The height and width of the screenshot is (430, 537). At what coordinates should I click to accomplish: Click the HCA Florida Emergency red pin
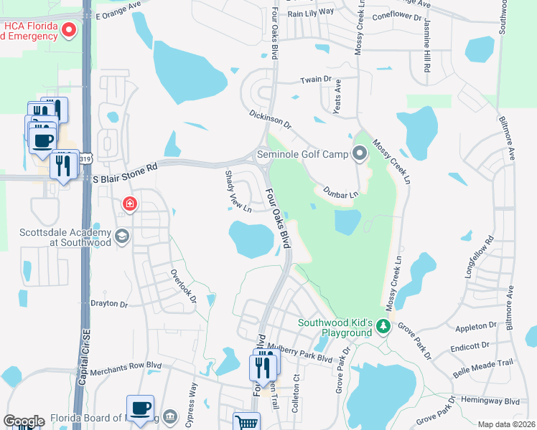[x=69, y=29]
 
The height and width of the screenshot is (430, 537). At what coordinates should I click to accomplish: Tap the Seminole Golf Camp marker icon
[x=359, y=153]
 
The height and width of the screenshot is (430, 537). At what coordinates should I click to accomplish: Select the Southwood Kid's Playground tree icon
[x=383, y=328]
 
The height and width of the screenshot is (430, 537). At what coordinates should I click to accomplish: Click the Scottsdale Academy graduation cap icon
[x=121, y=236]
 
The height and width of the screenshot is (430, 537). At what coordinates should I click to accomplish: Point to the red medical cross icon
[x=129, y=204]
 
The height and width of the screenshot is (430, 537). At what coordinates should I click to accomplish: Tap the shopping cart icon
[x=246, y=421]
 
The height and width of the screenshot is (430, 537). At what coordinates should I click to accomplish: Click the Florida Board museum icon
[x=171, y=416]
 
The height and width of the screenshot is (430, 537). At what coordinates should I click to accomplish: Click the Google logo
[x=24, y=421]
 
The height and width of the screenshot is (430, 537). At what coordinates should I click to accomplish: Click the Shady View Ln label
[x=238, y=190]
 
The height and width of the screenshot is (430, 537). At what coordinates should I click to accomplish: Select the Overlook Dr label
[x=183, y=285]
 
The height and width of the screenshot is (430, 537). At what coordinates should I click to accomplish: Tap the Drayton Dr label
[x=108, y=304]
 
